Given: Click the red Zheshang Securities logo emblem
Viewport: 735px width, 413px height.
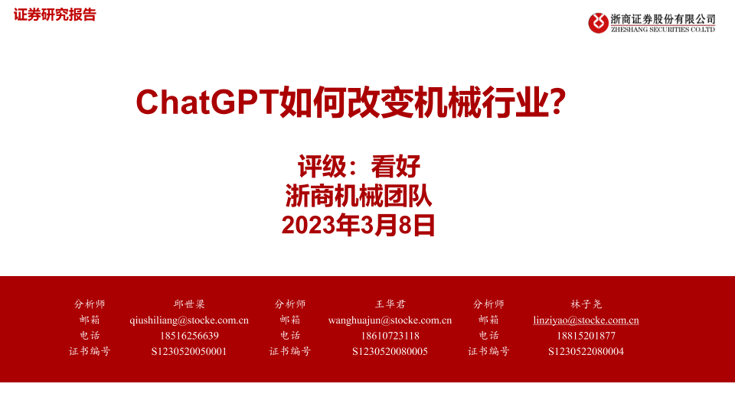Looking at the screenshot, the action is [598, 23].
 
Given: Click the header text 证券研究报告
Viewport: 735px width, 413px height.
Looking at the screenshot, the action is [55, 15].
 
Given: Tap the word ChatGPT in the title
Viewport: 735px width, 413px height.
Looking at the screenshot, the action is [207, 102].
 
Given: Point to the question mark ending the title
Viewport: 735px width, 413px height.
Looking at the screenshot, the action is [558, 102].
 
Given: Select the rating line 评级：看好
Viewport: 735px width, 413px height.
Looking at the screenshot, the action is [359, 166].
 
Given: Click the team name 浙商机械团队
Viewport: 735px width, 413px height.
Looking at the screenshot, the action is [358, 196].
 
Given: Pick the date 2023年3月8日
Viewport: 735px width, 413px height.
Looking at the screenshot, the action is [358, 225].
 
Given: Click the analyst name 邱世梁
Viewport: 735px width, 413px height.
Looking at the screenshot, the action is [189, 304].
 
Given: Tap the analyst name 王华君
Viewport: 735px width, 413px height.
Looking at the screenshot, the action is [390, 304].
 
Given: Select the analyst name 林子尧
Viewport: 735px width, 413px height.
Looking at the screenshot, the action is [586, 304].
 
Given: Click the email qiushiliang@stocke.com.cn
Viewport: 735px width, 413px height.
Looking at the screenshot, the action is [189, 320].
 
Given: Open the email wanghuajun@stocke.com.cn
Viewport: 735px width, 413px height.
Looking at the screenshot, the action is [390, 320].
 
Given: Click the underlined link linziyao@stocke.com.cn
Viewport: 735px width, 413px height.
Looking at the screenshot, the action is [586, 320].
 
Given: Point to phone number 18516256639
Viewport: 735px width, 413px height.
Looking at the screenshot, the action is [189, 336].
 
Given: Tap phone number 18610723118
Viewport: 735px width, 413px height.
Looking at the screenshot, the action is [390, 336].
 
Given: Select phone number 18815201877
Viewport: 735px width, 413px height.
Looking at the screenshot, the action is [586, 336].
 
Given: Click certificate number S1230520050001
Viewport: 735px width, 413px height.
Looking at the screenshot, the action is [189, 351].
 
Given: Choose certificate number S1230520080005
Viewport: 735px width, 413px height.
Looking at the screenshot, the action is [390, 351].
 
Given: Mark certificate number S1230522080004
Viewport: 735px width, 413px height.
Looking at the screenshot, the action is [586, 351].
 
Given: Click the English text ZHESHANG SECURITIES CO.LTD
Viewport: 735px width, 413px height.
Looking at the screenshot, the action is [663, 30].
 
